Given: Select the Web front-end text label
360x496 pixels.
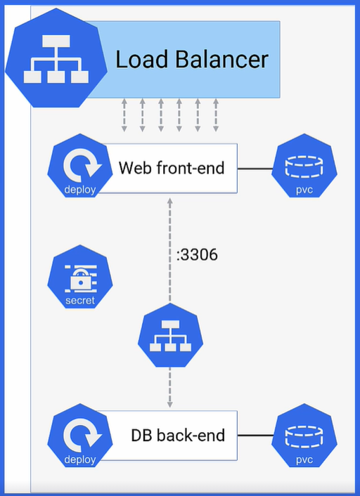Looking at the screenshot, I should coord(172,169).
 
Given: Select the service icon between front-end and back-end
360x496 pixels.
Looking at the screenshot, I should coord(170,339).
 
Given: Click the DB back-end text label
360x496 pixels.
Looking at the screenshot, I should coord(178,436).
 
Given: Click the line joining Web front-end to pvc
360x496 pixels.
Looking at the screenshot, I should coord(255,169).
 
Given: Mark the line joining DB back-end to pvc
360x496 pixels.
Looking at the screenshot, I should coord(255,436).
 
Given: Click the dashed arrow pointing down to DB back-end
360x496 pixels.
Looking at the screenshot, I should coord(170,390).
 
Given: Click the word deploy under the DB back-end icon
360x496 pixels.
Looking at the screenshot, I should coord(79,460).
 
